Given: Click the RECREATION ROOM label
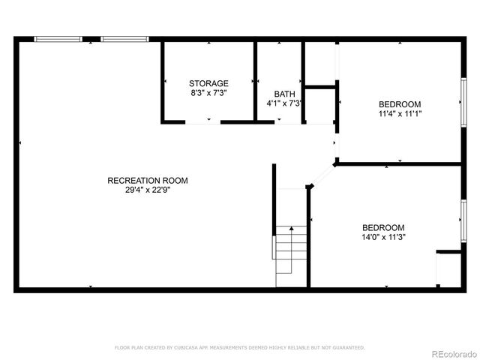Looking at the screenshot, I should click(x=147, y=180).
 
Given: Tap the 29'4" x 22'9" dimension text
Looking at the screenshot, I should click(x=147, y=190).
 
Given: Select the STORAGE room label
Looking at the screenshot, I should click(x=208, y=83).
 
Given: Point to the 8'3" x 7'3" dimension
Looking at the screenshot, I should click(x=208, y=93).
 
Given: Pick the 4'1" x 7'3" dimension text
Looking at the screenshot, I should click(x=283, y=103).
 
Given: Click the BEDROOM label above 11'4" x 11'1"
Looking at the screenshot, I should click(x=400, y=104).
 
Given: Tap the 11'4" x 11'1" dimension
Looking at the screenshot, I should click(x=400, y=114).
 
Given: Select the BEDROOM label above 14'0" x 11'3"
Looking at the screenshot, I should click(x=383, y=228).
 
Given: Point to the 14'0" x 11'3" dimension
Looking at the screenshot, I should click(x=383, y=238).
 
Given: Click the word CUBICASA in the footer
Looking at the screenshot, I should click(x=185, y=348).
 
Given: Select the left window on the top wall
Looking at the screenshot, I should click(x=58, y=38).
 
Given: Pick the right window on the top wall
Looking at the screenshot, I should click(x=124, y=38).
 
